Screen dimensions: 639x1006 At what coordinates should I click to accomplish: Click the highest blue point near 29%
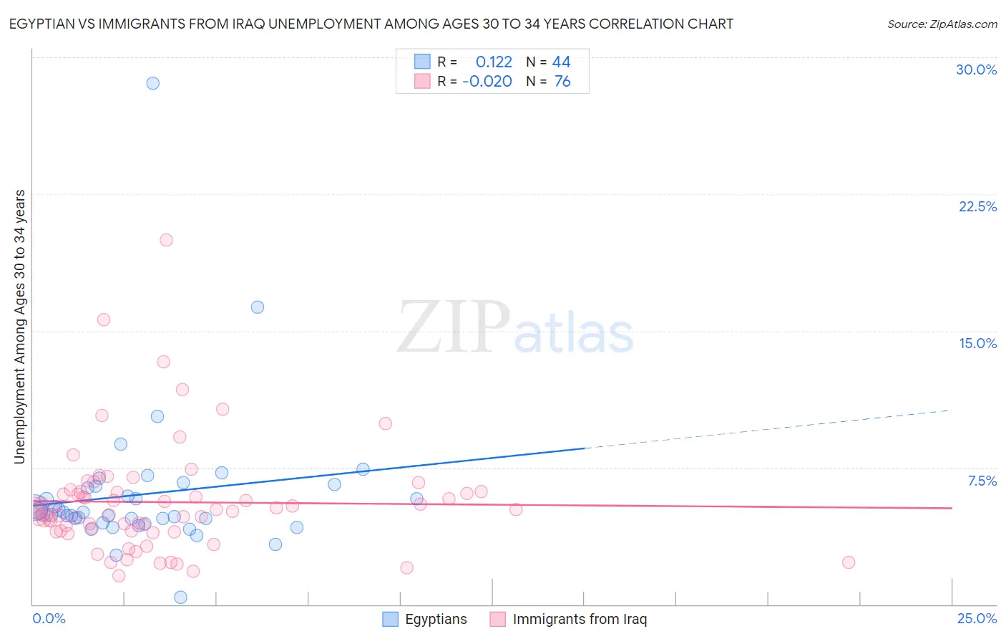(152, 83)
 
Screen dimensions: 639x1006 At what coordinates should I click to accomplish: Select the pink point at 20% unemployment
(166, 240)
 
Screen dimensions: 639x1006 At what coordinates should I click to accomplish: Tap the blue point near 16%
(258, 307)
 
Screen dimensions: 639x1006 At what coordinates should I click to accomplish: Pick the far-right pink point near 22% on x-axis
(849, 562)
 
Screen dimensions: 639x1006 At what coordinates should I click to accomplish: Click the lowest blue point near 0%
(180, 597)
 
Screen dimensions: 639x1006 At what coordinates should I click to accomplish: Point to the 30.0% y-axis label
(976, 69)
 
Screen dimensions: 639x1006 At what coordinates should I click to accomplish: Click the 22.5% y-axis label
(977, 206)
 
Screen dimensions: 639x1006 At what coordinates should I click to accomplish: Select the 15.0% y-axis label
(977, 343)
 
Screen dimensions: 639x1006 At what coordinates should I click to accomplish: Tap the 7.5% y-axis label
(982, 481)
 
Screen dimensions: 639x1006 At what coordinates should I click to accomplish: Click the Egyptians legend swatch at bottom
(390, 620)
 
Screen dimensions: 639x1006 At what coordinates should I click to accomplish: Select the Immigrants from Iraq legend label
(580, 620)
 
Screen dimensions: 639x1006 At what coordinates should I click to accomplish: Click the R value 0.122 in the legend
(494, 62)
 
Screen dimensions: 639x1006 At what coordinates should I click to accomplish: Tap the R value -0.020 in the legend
(487, 82)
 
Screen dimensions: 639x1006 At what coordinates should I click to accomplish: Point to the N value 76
(562, 82)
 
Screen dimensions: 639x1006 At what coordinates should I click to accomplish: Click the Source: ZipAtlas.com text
(942, 24)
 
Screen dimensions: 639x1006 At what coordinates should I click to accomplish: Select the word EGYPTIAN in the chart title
(43, 24)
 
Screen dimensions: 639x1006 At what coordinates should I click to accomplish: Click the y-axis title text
(19, 327)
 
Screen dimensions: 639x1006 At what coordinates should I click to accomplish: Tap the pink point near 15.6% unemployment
(103, 319)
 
